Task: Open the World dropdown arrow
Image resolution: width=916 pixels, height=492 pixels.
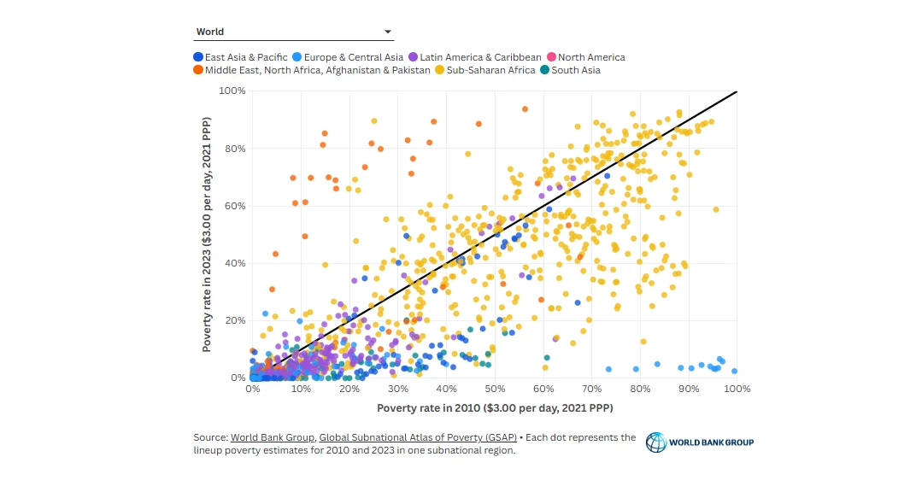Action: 388,32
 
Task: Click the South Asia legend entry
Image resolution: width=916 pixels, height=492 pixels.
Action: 572,70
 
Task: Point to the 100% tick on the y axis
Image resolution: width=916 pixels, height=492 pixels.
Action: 232,91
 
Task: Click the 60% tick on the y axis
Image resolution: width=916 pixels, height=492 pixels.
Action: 235,206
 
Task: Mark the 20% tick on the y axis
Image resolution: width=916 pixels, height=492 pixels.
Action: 235,320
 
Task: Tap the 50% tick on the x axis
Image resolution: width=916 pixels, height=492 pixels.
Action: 495,389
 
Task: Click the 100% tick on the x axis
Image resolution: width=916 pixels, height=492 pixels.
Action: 737,389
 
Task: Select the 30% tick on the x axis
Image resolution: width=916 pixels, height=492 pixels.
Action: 397,389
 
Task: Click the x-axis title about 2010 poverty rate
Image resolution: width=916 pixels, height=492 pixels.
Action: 495,407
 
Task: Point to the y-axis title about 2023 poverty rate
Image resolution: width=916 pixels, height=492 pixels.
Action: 208,233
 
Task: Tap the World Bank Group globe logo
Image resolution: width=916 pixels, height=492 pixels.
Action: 656,442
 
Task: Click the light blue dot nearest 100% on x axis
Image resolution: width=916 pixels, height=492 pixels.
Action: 734,371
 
